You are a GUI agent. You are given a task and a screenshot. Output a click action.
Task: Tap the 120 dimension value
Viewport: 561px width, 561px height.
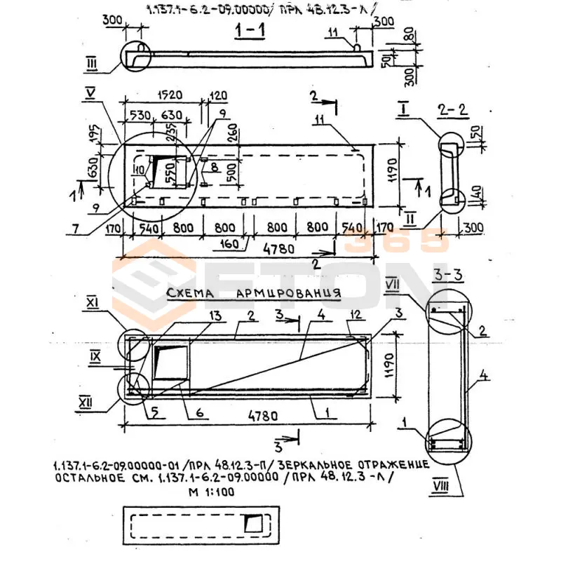[x=219, y=95]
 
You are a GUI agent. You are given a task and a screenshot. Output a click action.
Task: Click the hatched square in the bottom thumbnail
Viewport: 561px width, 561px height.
[x=251, y=523]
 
